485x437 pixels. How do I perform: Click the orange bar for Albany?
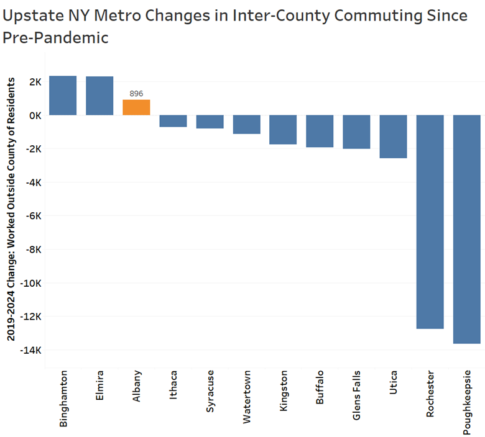(136, 107)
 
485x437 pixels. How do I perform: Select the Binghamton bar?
(63, 96)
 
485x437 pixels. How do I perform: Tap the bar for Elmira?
(99, 96)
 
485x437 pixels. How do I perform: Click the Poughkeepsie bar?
(466, 229)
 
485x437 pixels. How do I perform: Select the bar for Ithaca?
(173, 121)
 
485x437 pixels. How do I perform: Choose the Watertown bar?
(246, 124)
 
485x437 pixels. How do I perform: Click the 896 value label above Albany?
(136, 94)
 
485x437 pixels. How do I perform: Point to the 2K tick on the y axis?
(33, 82)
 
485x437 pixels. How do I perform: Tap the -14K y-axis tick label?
(30, 350)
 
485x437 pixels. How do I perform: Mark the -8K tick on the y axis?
(31, 250)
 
